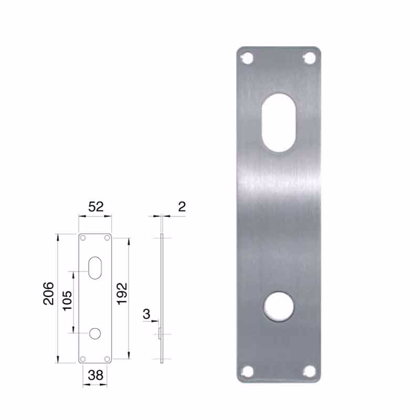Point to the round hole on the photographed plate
[x=278, y=308]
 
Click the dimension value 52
[x=95, y=207]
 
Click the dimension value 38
[x=95, y=375]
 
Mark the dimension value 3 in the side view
[x=146, y=314]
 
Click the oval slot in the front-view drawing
[x=95, y=267]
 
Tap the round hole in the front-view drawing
[x=95, y=333]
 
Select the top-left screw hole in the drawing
[x=83, y=238]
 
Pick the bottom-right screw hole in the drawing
[x=107, y=359]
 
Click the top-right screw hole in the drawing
[x=107, y=238]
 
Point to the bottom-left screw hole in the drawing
[x=83, y=359]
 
